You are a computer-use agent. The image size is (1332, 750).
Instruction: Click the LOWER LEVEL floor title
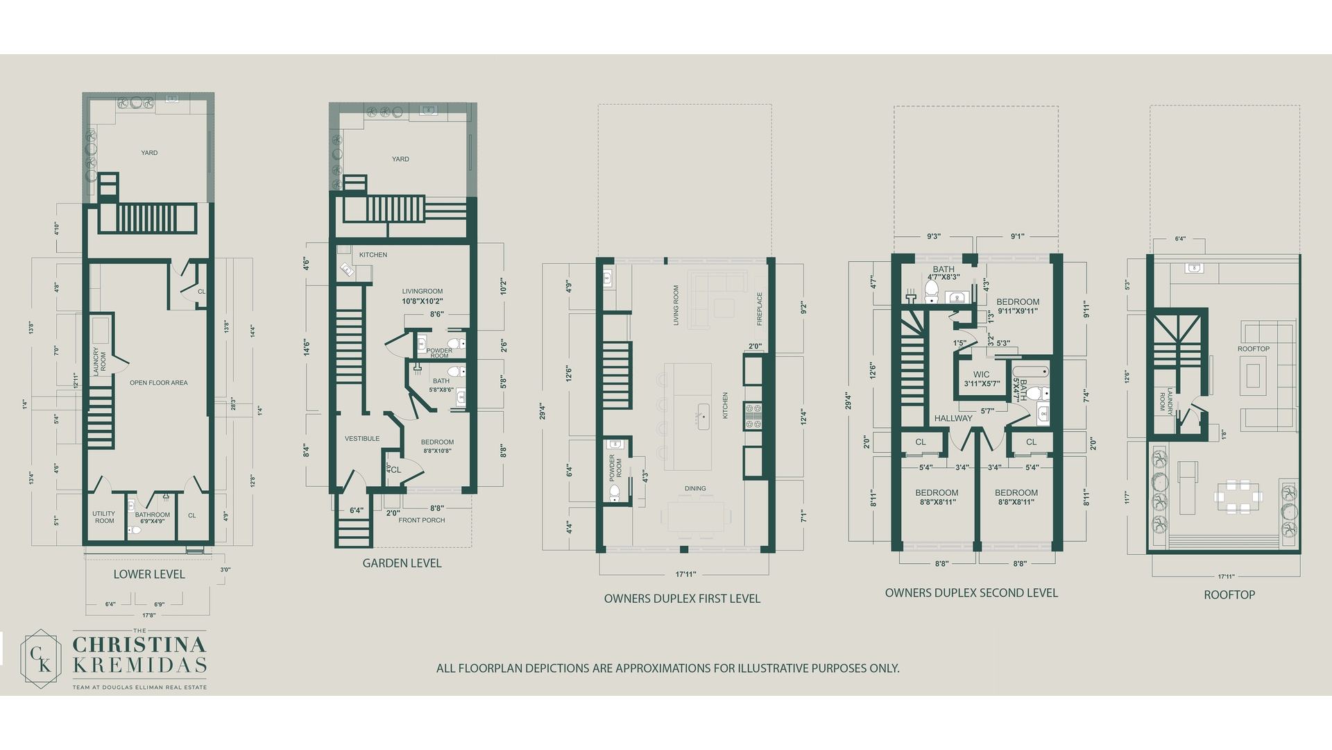point(149,574)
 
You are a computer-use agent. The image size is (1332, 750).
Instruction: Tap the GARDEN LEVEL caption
point(402,563)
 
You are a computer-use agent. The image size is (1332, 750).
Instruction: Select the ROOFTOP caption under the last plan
point(1229,595)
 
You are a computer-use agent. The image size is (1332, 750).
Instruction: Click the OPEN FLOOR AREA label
point(158,383)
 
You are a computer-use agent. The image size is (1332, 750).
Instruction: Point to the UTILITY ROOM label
point(104,517)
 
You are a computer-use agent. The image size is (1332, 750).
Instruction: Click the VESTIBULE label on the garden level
point(362,438)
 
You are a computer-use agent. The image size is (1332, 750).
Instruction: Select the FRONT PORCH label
point(422,520)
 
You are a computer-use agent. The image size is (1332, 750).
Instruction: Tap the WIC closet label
point(981,374)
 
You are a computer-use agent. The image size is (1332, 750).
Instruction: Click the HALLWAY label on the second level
point(953,418)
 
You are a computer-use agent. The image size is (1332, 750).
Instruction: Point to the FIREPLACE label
point(760,308)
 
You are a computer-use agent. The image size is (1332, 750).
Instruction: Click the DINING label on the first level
point(695,488)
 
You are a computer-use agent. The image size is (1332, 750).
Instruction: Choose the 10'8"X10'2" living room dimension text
point(422,301)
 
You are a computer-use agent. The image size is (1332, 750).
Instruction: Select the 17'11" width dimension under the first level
point(685,574)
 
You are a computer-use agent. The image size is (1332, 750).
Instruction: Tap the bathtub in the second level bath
point(1031,372)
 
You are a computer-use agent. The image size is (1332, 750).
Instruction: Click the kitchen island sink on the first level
point(703,416)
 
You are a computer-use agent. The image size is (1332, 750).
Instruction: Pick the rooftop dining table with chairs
point(1238,497)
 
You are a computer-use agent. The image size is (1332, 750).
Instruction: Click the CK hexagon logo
point(42,658)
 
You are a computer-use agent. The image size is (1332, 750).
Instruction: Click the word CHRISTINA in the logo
point(139,643)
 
